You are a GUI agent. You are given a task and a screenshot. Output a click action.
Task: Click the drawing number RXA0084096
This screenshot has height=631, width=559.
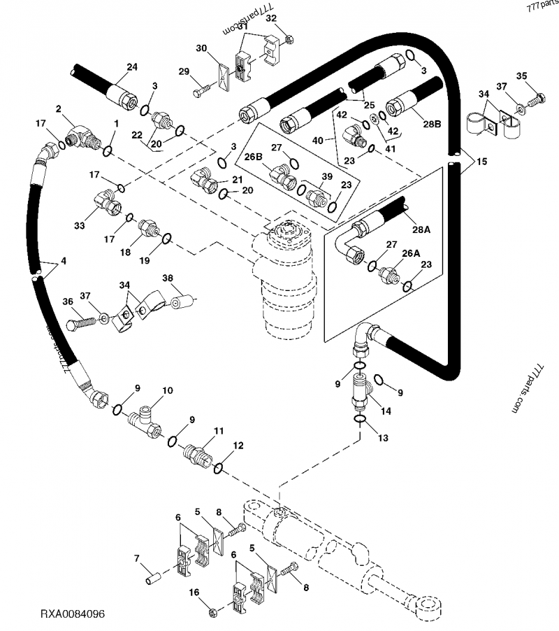click(73, 614)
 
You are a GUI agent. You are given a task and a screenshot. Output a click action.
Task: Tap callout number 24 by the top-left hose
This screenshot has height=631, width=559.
click(131, 66)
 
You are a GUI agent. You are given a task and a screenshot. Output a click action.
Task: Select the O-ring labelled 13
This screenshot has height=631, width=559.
click(358, 420)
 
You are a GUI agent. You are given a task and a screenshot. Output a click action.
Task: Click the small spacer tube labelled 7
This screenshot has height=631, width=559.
click(154, 580)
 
